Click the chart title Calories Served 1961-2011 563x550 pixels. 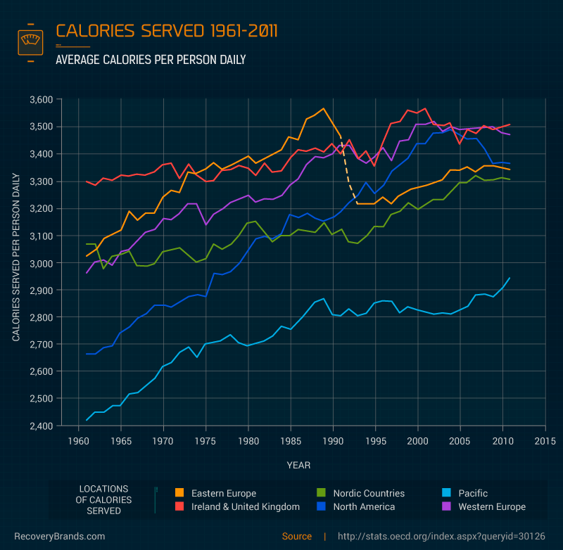point(166,31)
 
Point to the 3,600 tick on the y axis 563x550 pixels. point(41,100)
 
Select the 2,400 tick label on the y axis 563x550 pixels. point(41,426)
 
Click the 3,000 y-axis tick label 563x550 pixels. point(41,263)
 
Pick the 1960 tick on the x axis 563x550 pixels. point(78,442)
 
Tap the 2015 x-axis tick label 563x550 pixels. point(545,442)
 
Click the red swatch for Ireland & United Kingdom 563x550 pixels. point(179,506)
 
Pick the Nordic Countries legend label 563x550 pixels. point(369,494)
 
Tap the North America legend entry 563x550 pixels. point(363,506)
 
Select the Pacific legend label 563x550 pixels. point(472,494)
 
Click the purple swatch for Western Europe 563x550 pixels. point(446,506)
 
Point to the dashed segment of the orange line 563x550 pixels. point(348,176)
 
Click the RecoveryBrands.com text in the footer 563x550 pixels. point(60,536)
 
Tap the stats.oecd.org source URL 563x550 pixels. point(441,536)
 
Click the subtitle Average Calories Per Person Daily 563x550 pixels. point(151,60)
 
